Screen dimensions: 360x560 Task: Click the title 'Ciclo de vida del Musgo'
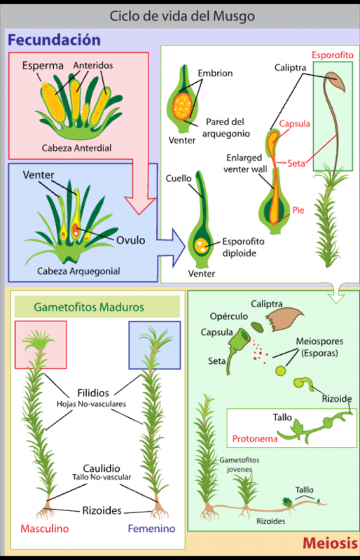pos(182,16)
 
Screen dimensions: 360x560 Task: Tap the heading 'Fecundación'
pos(54,40)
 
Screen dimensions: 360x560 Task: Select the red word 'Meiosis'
pos(330,543)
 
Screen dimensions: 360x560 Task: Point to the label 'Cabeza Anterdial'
pos(76,148)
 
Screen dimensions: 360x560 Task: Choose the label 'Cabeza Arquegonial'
pos(78,271)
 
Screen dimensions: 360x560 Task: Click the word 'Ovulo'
pos(130,240)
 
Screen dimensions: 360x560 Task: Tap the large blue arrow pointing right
pos(171,247)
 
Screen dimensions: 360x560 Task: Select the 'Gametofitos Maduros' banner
pos(97,307)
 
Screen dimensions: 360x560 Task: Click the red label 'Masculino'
pos(45,528)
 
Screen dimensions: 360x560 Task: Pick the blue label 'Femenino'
pos(151,528)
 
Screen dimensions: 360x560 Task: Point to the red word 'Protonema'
pos(255,439)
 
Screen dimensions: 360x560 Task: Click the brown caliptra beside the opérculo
pos(284,319)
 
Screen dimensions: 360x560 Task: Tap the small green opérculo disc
pos(257,327)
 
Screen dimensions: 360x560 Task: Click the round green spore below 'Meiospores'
pos(281,370)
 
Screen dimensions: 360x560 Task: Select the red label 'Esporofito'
pos(333,55)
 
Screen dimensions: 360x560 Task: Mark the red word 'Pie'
pos(298,210)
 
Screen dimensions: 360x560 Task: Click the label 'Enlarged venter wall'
pos(245,163)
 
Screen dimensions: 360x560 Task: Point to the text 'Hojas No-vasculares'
pos(91,405)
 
